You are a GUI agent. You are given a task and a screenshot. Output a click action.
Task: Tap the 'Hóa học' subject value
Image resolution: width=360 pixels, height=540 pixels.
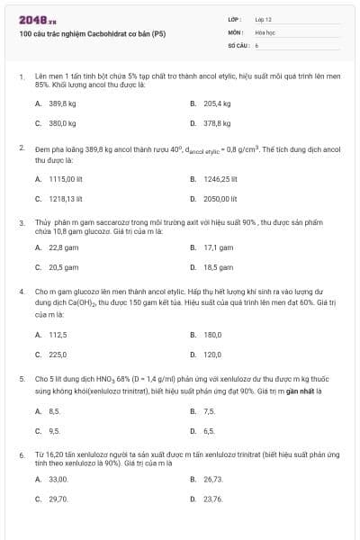pyautogui.click(x=264, y=31)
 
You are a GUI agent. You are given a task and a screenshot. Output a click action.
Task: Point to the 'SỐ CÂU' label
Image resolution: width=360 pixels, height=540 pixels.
pyautogui.click(x=238, y=44)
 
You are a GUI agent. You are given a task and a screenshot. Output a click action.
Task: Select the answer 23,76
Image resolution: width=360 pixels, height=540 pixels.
pyautogui.click(x=213, y=499)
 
